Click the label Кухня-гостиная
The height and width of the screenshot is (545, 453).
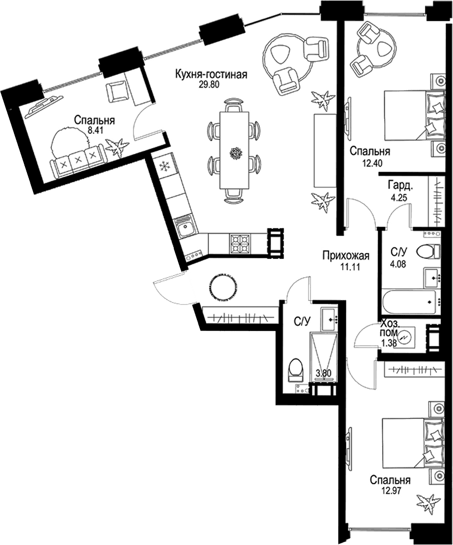coord(211,75)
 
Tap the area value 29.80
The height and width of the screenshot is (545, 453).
coord(209,85)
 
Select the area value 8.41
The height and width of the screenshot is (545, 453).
coord(94,130)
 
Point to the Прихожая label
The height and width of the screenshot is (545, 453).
coord(345,256)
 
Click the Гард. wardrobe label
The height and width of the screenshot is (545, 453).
coord(401,186)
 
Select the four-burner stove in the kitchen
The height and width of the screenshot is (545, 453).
coord(240,244)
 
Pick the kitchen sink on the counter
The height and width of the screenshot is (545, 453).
coord(184,228)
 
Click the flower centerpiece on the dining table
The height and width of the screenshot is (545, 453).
coord(236,153)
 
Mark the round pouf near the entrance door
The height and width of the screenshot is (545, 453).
coord(224,287)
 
